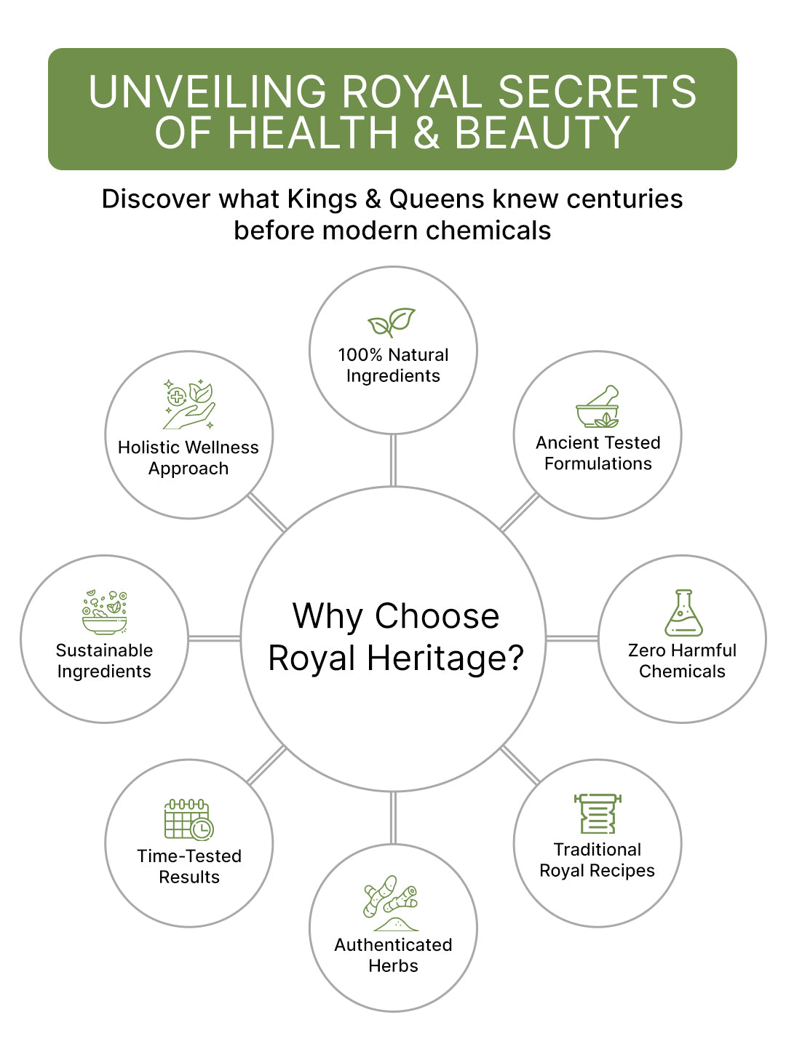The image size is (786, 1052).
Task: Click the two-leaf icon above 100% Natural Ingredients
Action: pos(391,322)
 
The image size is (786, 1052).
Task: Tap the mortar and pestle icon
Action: pos(598,406)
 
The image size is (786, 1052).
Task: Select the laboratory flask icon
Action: pos(683,613)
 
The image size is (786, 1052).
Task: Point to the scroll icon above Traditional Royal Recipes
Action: pos(598,813)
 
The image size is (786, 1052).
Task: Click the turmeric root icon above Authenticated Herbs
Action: pos(391,904)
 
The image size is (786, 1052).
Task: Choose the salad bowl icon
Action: pos(105,613)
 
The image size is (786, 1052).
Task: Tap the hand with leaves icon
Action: pos(188,404)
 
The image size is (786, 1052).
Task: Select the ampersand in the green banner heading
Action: pos(426,132)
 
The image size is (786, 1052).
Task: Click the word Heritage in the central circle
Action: pos(445,658)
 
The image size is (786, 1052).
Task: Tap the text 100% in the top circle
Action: pos(360,355)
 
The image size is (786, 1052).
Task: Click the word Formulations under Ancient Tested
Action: pos(598,463)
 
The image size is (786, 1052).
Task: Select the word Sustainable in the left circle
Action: pos(105,650)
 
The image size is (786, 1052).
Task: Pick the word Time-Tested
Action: pos(189,856)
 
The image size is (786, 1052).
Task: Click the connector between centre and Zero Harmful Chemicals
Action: pos(572,638)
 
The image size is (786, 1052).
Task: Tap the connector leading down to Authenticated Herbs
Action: pos(393,818)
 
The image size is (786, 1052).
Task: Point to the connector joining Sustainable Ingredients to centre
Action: pos(214,638)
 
